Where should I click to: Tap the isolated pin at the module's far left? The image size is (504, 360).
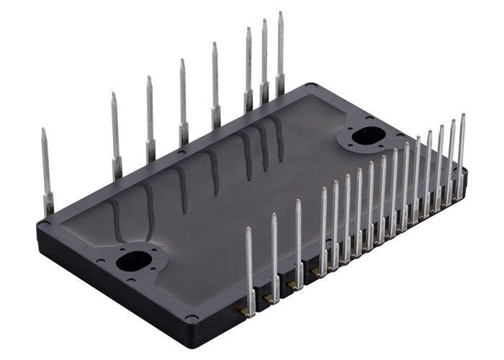click(46, 173)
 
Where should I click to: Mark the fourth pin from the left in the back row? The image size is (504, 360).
click(183, 101)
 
